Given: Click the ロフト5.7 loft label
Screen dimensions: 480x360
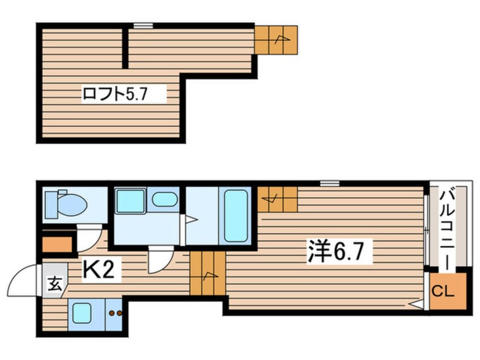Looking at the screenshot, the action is [x=115, y=94].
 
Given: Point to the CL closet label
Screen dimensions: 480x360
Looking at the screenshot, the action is [x=443, y=291].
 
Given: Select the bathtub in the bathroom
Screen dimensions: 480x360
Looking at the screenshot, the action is [x=235, y=216].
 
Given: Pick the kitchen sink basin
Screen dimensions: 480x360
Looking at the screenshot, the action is [x=82, y=313].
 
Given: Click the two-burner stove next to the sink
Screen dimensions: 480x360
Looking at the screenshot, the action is [x=114, y=313].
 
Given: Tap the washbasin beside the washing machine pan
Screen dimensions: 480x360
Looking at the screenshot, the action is [x=165, y=199].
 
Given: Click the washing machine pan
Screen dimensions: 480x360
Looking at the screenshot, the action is [x=130, y=201].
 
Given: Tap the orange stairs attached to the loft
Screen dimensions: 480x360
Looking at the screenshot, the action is [x=276, y=40].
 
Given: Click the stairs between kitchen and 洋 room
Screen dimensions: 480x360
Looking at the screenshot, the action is [x=208, y=273].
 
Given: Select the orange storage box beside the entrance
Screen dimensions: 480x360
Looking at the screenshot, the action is [x=57, y=245].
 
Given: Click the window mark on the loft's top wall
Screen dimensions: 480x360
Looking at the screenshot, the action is [x=143, y=26].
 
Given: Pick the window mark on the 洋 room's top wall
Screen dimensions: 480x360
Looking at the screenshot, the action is [x=330, y=183].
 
